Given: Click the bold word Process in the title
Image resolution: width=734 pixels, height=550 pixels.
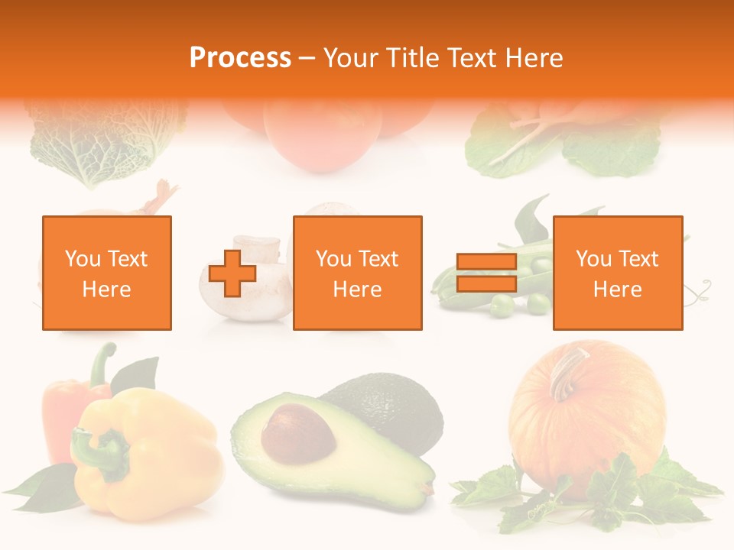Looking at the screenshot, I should (240, 57).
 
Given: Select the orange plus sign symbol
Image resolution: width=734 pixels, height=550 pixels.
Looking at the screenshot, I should (232, 273).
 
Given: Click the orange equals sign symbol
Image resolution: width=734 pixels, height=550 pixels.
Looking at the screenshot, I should (486, 273).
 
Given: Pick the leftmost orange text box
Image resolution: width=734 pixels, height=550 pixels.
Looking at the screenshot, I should (107, 273).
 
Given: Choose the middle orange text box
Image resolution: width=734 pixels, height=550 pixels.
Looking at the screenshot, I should (357, 273).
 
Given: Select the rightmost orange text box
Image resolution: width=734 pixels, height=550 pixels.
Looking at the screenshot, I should (617, 273).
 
